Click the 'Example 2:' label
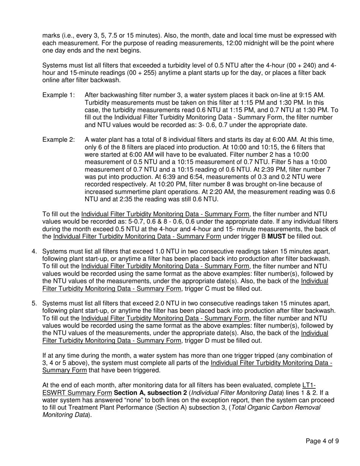click(x=58, y=139)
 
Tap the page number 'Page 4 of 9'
click(x=322, y=441)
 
